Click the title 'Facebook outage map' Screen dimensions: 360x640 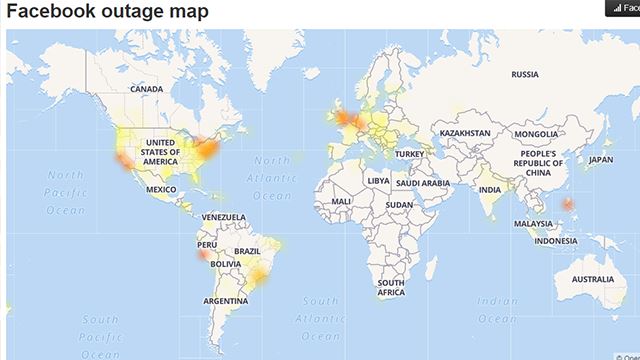pos(108,12)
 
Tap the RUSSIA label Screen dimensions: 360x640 pos(525,74)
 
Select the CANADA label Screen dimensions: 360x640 pos(146,89)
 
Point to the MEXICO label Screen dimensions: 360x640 pos(161,189)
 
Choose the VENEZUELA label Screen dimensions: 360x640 pos(223,217)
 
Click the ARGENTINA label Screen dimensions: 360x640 pos(226,301)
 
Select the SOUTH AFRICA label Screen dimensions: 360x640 pos(391,288)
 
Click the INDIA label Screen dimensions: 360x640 pos(490,189)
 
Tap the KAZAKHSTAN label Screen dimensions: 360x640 pos(465,133)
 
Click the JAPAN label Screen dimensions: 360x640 pos(600,159)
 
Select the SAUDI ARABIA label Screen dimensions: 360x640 pos(420,183)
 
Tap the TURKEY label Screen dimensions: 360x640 pos(409,154)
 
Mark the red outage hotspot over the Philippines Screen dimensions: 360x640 pos(567,204)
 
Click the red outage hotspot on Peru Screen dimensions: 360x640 pos(203,254)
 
